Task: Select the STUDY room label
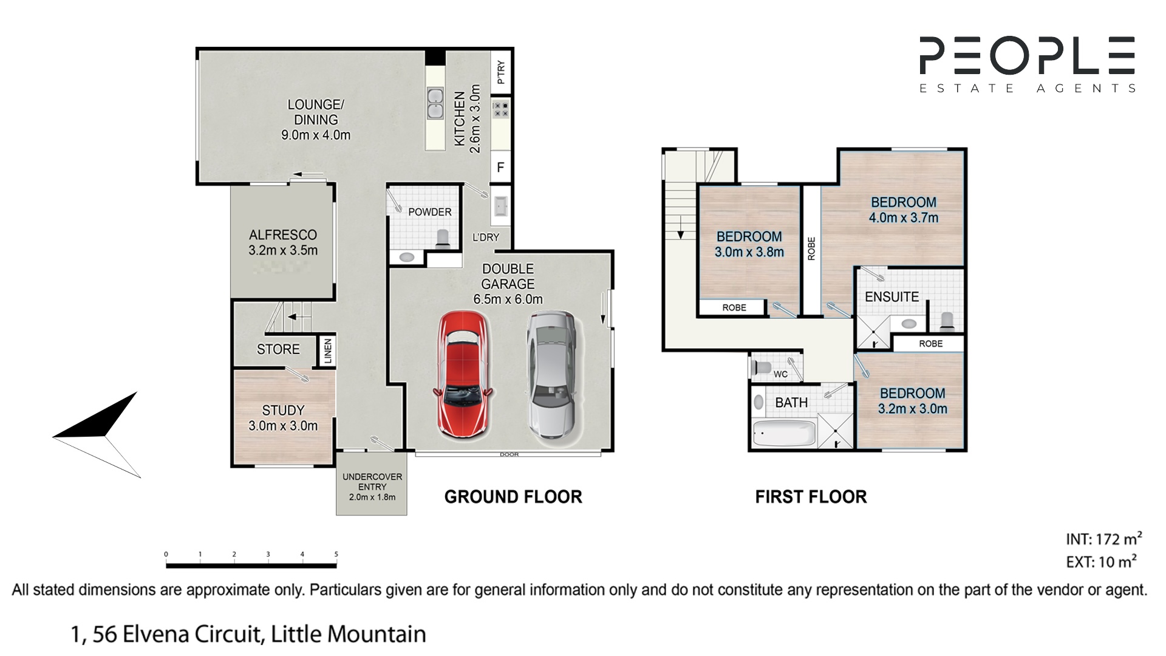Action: click(283, 411)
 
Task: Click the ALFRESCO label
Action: click(283, 234)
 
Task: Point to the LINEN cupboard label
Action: click(328, 351)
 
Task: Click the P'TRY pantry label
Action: click(501, 72)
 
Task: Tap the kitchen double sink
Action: click(435, 103)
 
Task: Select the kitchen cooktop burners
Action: click(501, 109)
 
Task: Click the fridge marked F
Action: click(500, 167)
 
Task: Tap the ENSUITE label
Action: click(892, 297)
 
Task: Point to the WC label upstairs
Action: click(780, 374)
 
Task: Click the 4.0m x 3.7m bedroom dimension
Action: click(904, 217)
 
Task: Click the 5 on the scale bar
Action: click(336, 554)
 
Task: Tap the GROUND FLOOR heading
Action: click(513, 497)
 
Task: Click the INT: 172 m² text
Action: click(1104, 539)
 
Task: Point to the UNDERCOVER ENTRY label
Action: click(372, 482)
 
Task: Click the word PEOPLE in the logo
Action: click(1028, 55)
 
